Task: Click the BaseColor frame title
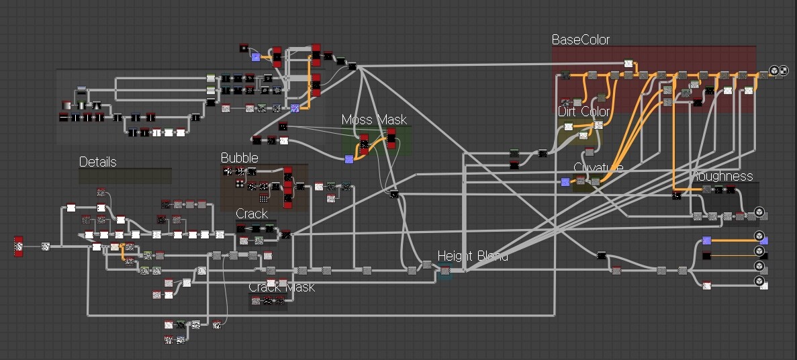coord(580,40)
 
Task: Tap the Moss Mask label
coord(374,120)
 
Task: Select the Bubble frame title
coord(239,158)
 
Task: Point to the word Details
coord(97,162)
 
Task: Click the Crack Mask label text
coord(281,287)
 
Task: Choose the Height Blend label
coord(473,256)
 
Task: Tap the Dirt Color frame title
coord(583,111)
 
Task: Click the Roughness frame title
coord(725,176)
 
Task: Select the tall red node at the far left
coord(19,246)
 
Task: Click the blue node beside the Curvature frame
coord(565,181)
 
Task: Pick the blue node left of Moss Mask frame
coord(348,159)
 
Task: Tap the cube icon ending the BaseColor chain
coord(773,71)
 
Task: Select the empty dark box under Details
coord(125,176)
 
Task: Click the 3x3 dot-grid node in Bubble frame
coord(264,199)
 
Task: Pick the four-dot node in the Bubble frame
coord(240,183)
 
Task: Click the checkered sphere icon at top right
coord(784,71)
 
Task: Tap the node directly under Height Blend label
coord(444,271)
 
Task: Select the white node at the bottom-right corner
coord(764,285)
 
